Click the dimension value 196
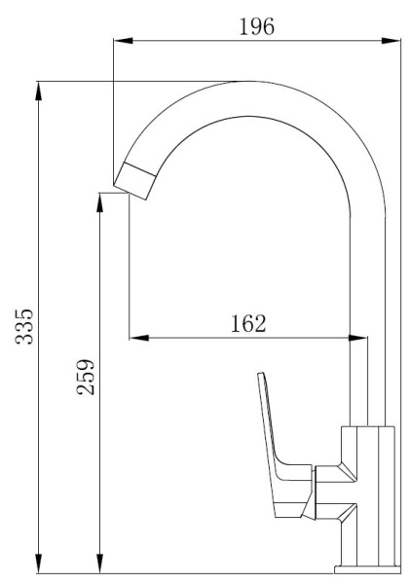tap(256, 26)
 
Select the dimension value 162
tap(248, 323)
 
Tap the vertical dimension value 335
tap(24, 326)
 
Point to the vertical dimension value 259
tap(86, 377)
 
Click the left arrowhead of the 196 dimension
tap(123, 41)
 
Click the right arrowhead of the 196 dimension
tap(391, 41)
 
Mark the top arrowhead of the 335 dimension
tap(38, 91)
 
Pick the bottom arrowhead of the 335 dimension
tap(38, 564)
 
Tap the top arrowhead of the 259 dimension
tap(99, 202)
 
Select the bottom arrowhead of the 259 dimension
tap(99, 564)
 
